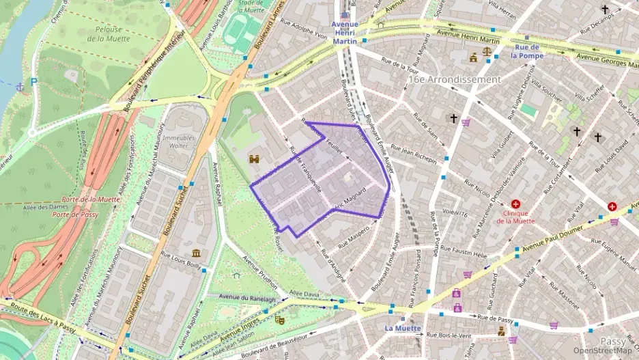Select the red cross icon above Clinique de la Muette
(x=515, y=204)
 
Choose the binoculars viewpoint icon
(x=255, y=158)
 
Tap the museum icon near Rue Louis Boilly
(x=197, y=253)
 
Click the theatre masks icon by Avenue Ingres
(x=279, y=319)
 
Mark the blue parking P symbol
(x=33, y=82)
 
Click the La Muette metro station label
(x=402, y=328)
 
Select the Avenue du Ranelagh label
(x=248, y=298)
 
